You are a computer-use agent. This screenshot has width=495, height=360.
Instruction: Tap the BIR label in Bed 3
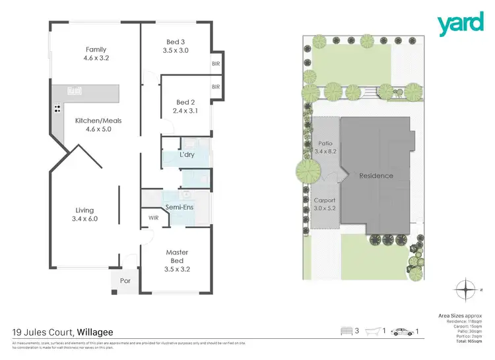point(215,64)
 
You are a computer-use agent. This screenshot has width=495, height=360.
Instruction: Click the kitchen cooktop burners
point(57,109)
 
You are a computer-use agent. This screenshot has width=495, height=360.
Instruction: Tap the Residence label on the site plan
point(376,176)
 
